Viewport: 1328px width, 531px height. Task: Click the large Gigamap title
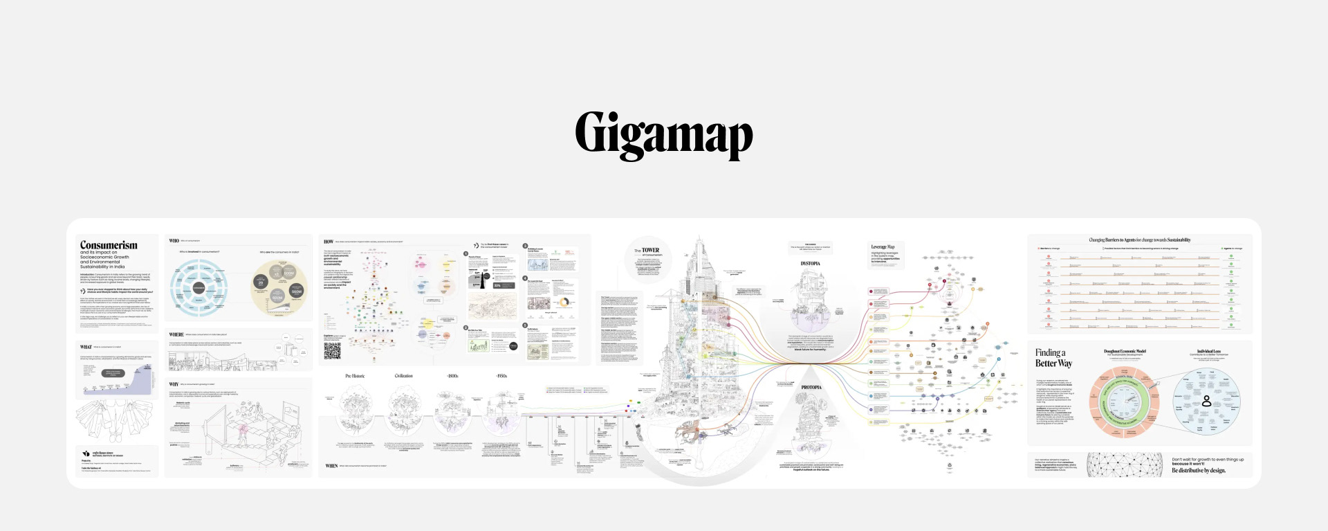coord(663,134)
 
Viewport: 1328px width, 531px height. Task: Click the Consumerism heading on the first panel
coord(109,245)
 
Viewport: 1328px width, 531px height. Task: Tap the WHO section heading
coord(174,241)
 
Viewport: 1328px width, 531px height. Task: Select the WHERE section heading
coord(176,334)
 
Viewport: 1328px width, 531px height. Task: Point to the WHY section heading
coord(174,384)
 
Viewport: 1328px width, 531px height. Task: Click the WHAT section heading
coord(86,347)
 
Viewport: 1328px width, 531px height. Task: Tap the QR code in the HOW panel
coord(333,351)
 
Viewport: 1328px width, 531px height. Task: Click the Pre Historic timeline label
coord(355,376)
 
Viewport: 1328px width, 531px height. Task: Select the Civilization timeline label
coord(403,376)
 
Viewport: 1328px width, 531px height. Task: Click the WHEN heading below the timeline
coord(331,466)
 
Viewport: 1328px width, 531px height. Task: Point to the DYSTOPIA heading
coord(810,264)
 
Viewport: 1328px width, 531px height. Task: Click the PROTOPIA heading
coord(811,388)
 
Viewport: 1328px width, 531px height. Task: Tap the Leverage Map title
coord(883,246)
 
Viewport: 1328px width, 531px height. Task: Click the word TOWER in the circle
coord(650,250)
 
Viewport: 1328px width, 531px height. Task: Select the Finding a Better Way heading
coord(1053,358)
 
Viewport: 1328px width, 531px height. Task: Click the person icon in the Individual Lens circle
coord(1206,401)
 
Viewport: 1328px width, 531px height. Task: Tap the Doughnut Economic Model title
coord(1125,351)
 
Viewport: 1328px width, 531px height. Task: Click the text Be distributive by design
coord(1198,471)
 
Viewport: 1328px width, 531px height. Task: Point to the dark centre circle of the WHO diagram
coord(199,287)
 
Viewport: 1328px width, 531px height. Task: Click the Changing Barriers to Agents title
coord(1139,240)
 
